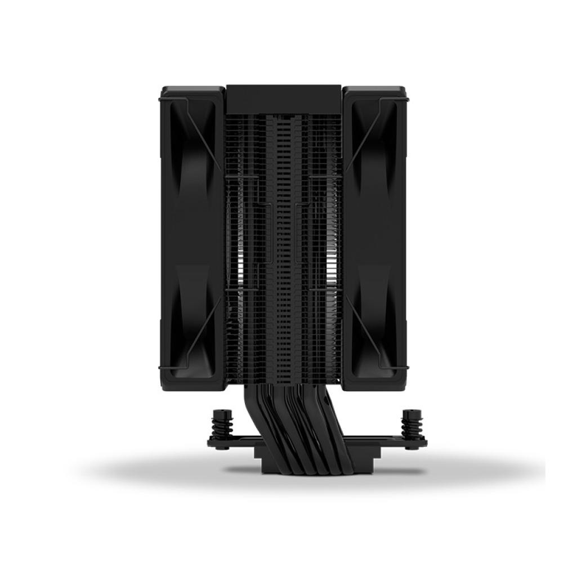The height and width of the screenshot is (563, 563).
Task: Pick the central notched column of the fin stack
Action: (285, 236)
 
